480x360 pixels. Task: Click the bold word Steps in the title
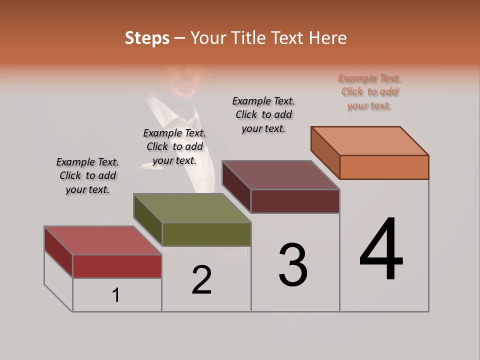(147, 38)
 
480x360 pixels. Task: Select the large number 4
(381, 249)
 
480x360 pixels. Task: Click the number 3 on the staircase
(293, 264)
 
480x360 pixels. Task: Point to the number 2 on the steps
(202, 280)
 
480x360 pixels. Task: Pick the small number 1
(116, 295)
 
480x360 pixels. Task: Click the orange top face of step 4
(370, 140)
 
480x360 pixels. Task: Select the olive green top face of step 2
(192, 208)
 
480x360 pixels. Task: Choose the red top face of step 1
(103, 240)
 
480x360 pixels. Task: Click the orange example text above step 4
(369, 91)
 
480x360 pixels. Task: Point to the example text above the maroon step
(263, 114)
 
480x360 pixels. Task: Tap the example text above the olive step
(174, 146)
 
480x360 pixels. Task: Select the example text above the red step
(87, 175)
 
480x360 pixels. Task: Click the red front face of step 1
(117, 266)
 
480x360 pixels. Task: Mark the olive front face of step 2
(206, 234)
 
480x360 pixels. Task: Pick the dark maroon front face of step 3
(295, 201)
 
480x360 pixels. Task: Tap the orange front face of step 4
(384, 167)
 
